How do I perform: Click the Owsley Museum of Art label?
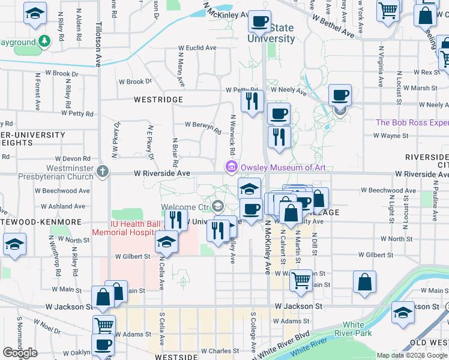point(283,167)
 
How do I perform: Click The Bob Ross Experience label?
point(412,122)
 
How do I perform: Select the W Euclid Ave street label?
point(197,48)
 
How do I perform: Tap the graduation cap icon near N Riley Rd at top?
point(35,13)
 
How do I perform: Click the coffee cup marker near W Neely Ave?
point(340,94)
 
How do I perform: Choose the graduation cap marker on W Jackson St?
point(403,311)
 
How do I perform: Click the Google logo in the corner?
point(20,353)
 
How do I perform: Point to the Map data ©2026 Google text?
point(412,355)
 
